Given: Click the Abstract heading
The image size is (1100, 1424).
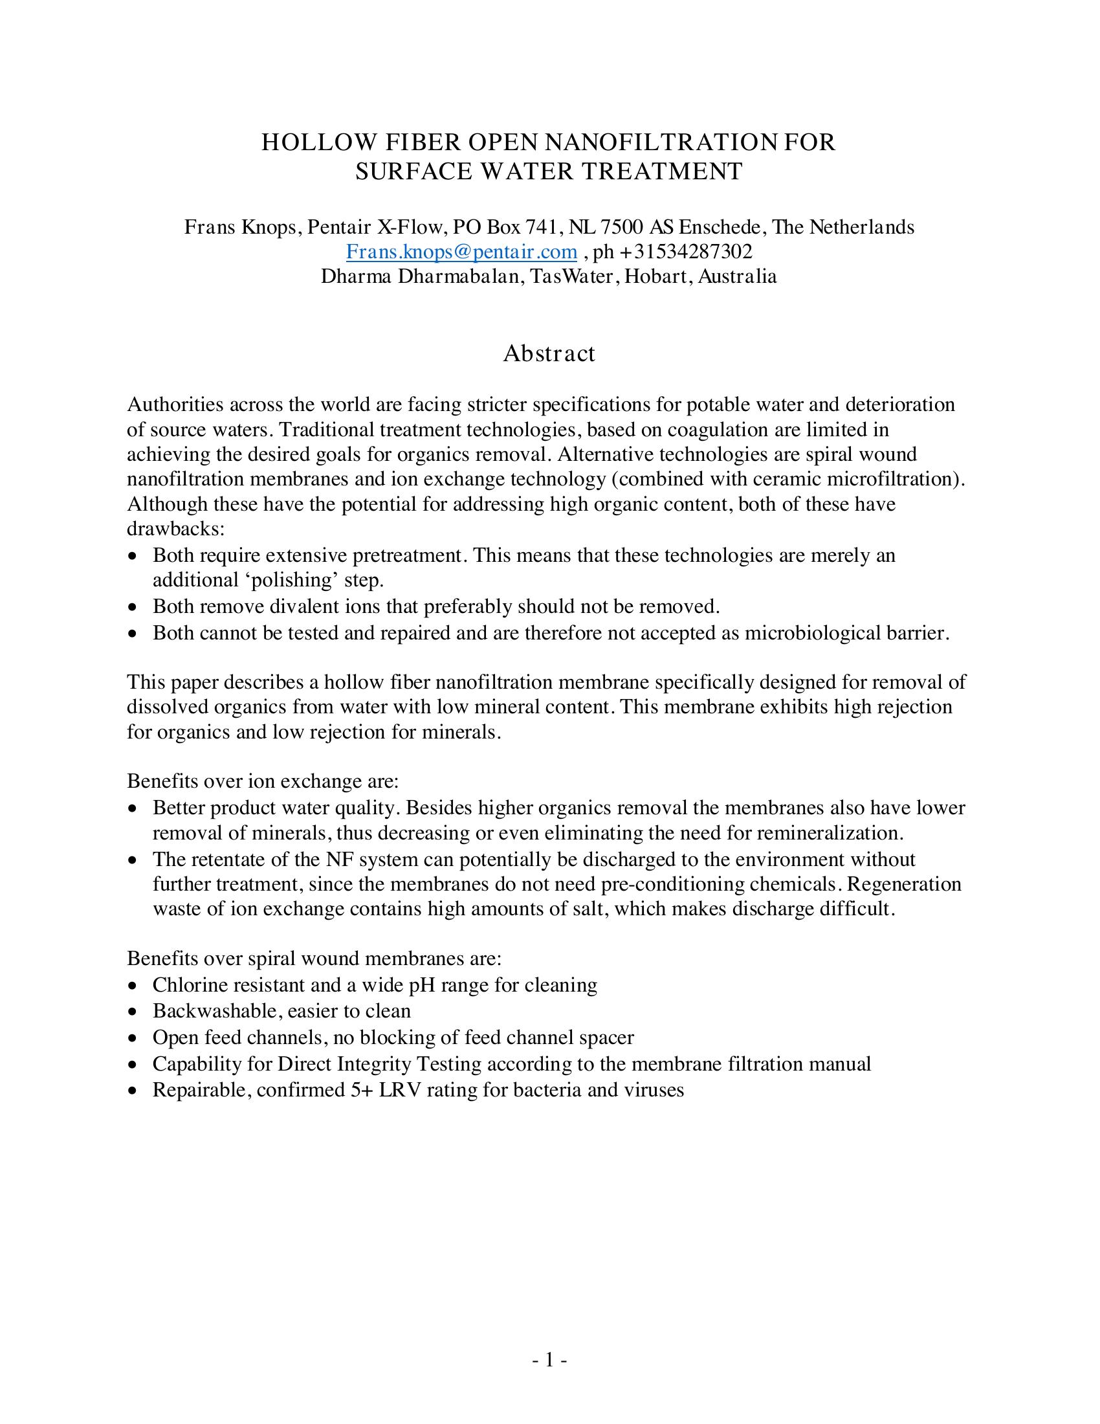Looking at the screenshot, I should point(549,353).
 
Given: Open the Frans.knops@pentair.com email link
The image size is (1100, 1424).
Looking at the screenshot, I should point(461,252).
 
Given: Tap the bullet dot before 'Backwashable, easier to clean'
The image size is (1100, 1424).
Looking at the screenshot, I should point(133,1012).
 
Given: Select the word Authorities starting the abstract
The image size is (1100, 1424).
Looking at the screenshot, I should point(175,405).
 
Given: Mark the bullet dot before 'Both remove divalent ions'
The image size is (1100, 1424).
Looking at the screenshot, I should point(133,608).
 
